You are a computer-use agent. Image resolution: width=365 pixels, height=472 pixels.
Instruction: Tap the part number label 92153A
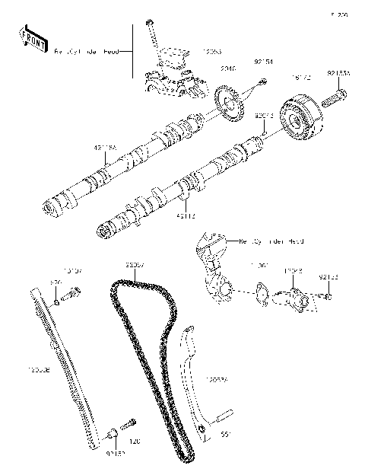point(339,74)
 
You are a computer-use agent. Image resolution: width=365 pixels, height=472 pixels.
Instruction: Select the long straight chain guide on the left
point(68,365)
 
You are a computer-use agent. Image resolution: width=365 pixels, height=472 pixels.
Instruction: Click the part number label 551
point(225,436)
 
